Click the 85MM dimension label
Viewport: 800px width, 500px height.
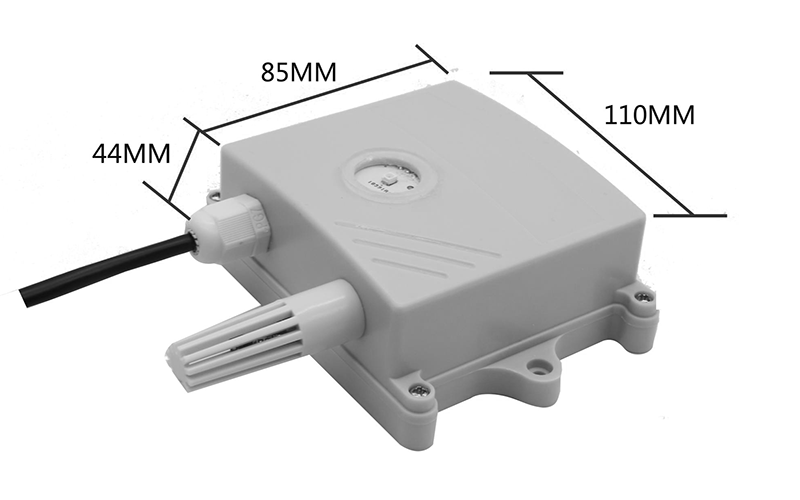(x=299, y=72)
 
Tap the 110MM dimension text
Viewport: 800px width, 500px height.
(x=649, y=115)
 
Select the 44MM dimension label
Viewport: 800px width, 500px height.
(x=131, y=153)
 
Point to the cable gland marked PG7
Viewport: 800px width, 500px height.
(x=230, y=224)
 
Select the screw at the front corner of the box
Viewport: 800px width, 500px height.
(x=417, y=390)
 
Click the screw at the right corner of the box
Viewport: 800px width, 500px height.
(x=640, y=295)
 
